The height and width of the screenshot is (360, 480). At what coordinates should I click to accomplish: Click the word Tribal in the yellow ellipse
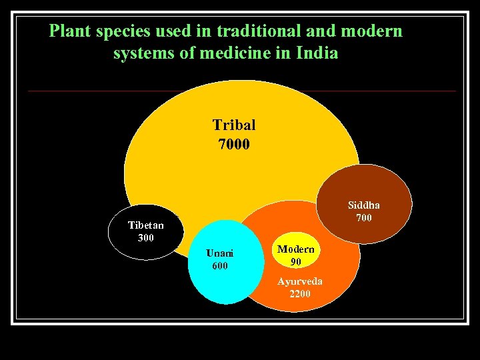pos(233,125)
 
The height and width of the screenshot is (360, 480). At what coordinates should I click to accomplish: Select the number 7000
pos(233,143)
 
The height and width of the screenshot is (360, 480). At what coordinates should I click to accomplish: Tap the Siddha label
pos(363,205)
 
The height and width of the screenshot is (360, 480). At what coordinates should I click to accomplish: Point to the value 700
pos(363,218)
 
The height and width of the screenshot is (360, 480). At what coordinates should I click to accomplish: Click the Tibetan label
pos(145,225)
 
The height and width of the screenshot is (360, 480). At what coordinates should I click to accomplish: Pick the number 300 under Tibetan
pos(145,237)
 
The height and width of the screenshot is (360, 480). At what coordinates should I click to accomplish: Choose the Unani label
pos(220,253)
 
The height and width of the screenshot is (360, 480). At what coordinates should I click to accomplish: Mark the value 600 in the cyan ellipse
pos(219,265)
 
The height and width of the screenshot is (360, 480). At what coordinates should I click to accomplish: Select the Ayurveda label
pos(300,281)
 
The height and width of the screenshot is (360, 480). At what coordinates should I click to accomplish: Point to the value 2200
pos(300,293)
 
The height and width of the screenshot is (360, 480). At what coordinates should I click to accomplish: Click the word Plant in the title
pos(71,31)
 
